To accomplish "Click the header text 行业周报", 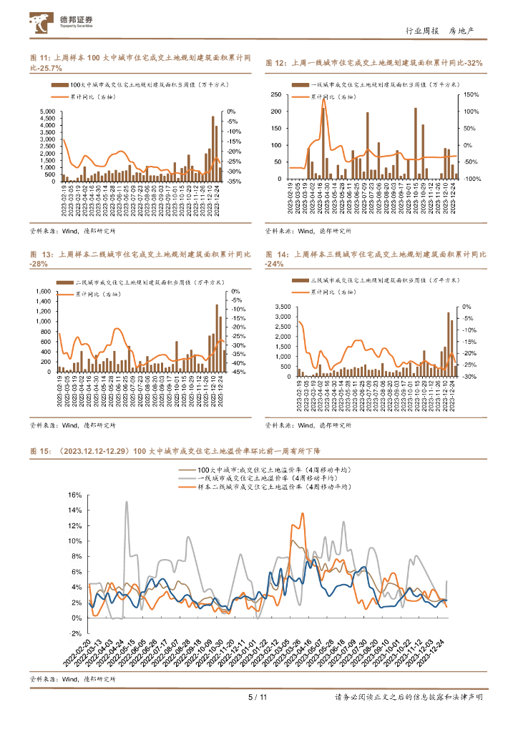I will coord(421,31).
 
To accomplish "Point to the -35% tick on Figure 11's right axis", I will coord(234,182).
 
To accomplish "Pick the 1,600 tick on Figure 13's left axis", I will coord(44,292).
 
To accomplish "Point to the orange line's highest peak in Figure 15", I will coord(303,513).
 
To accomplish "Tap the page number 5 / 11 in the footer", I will coord(257,697).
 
